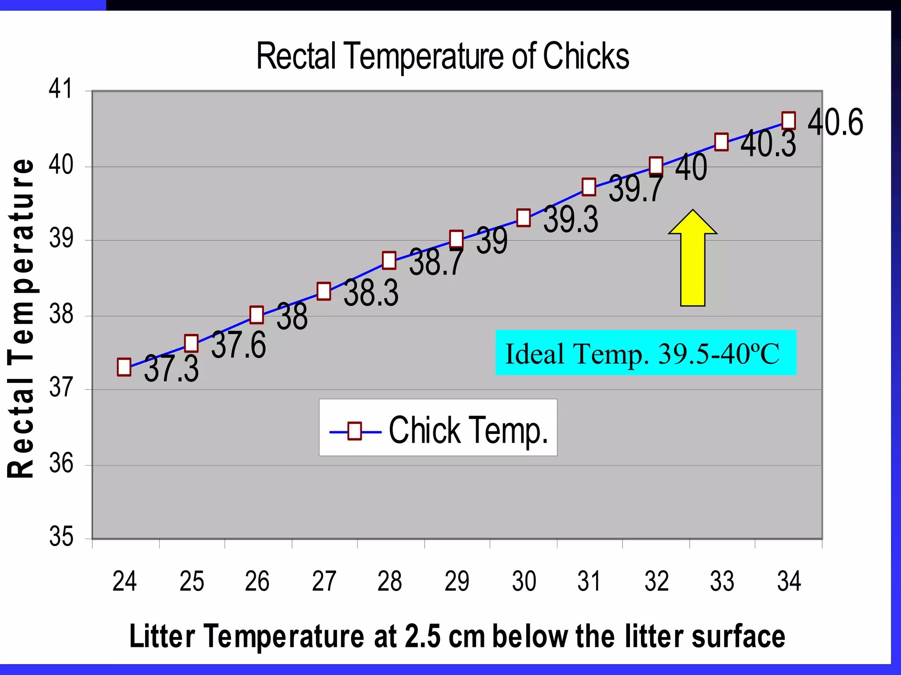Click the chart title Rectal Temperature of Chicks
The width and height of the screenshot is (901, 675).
443,56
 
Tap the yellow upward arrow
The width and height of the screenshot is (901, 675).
692,260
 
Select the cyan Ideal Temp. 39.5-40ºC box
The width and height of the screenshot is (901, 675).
645,352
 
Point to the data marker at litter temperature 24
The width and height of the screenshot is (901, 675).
124,367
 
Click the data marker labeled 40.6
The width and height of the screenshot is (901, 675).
788,120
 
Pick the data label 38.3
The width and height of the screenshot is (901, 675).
371,293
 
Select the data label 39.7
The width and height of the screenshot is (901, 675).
636,188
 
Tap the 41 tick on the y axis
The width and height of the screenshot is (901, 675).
61,88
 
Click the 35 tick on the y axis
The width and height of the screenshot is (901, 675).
61,536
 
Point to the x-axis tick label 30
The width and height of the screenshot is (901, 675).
524,581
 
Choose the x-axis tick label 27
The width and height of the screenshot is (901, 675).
324,581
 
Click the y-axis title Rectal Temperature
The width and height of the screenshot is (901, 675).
21,318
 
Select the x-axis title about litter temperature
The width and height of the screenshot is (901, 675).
457,636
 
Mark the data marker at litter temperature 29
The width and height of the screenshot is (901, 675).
456,238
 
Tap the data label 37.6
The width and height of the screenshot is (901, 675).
238,345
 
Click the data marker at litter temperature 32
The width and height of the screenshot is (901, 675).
656,165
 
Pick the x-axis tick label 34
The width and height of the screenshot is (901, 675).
789,581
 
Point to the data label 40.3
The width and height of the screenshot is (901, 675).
768,144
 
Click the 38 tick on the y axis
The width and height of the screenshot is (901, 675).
61,315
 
